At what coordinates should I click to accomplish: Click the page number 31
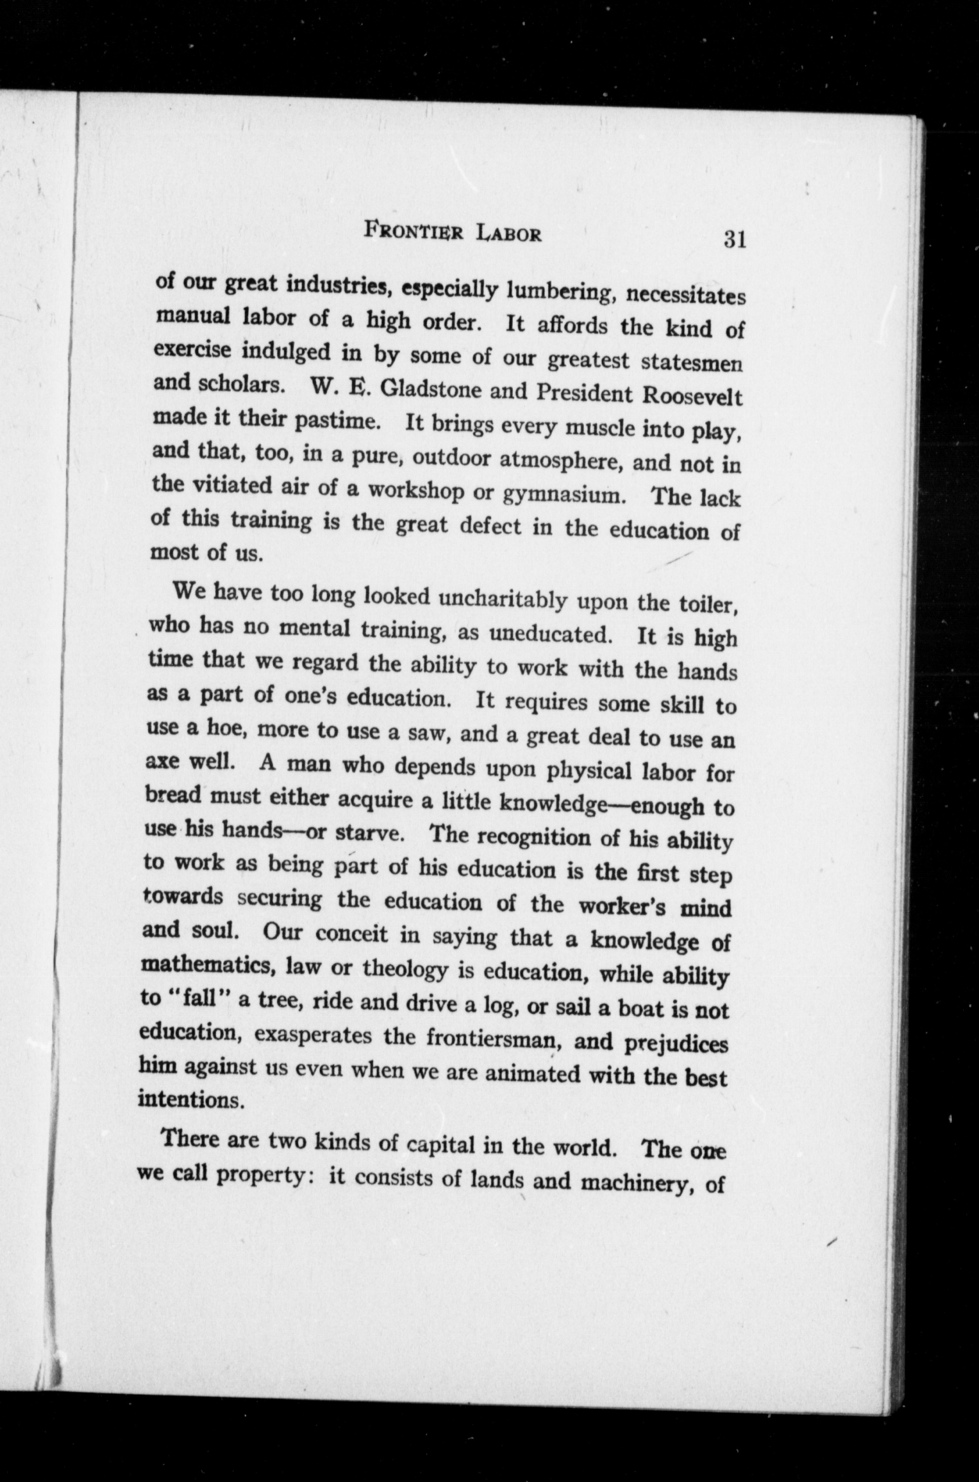coord(735,239)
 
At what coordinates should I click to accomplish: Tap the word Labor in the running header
coord(508,234)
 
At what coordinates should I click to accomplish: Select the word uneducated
coord(549,634)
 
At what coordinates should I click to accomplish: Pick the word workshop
coord(415,491)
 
